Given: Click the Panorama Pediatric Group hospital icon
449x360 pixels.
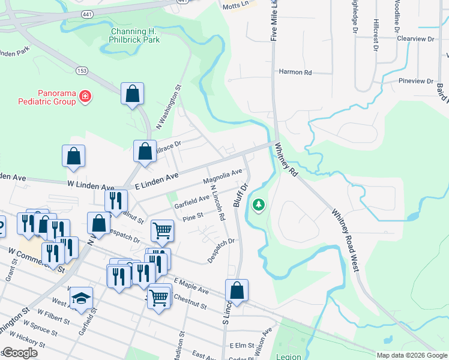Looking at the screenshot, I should (85, 97).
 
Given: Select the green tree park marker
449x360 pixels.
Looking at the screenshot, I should (259, 206).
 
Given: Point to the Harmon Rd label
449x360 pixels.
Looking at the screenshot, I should (295, 72).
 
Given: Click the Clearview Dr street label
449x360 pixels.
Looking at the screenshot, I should (415, 38).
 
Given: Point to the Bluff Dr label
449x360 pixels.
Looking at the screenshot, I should (241, 194).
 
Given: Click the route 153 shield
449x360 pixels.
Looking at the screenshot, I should (81, 71).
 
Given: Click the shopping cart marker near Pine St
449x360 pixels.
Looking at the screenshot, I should (162, 230).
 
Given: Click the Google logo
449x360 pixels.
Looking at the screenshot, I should (20, 353).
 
